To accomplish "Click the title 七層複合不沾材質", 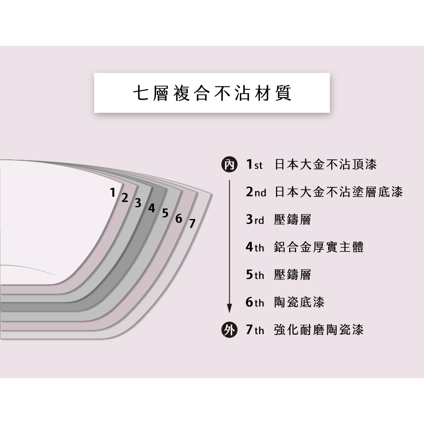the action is [212, 93].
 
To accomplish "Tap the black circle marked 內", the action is [229, 165].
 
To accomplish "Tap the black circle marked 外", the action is [229, 330].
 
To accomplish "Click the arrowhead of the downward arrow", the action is [229, 308].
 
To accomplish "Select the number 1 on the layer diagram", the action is [113, 192].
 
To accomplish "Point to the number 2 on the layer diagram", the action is [124, 198].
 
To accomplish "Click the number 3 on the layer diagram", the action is [138, 203].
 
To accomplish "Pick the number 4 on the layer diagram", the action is [151, 208].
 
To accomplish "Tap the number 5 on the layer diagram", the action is [165, 213].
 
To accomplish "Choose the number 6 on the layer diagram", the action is [179, 218].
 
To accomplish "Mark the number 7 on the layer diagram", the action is [192, 223].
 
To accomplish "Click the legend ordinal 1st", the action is [254, 164].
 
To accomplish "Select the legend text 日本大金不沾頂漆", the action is [325, 164].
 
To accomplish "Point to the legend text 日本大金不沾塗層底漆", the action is [338, 192].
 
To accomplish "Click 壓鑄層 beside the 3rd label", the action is [292, 220].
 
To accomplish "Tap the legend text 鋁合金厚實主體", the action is [319, 247].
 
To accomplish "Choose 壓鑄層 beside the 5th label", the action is [292, 275].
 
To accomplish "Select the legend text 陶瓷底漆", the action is [299, 302].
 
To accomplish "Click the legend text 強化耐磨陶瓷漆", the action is [319, 330].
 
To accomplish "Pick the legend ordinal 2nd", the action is [256, 192].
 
